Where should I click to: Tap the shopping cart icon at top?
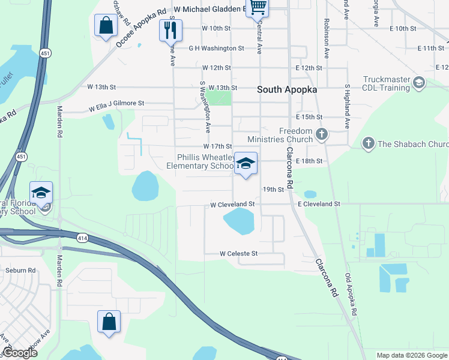click(x=258, y=7)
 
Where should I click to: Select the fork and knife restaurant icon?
click(x=170, y=30)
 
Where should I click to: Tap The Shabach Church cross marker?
click(x=368, y=143)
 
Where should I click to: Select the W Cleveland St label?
click(x=232, y=205)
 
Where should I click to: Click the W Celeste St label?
click(x=238, y=254)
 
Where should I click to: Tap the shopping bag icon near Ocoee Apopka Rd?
click(x=106, y=26)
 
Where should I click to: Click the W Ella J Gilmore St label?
click(x=116, y=106)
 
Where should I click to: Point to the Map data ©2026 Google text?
click(x=411, y=355)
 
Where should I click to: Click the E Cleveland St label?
click(x=319, y=204)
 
